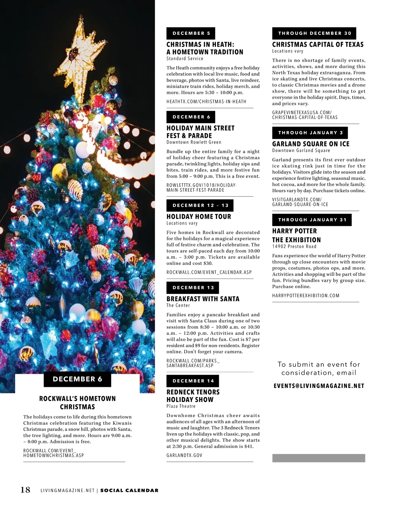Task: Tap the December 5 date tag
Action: tap(191, 33)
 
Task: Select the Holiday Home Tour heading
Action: tap(199, 216)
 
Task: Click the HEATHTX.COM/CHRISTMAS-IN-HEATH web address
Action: tap(206, 102)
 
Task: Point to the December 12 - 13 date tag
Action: tap(200, 205)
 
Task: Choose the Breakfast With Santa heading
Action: tap(203, 299)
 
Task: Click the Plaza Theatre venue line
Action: tap(181, 406)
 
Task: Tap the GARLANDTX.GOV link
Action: tap(184, 455)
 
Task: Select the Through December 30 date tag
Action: tap(314, 33)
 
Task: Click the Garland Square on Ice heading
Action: tap(311, 144)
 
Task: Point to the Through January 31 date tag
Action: tap(312, 220)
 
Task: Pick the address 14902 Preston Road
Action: tap(294, 246)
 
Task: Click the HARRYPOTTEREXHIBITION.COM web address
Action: tap(306, 295)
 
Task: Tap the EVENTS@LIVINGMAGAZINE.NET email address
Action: tap(319, 386)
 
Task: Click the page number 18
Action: tap(25, 490)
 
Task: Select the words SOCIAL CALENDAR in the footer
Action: tap(129, 491)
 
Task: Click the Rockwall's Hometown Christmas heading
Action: tap(78, 403)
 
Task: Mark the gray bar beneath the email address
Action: tap(319, 458)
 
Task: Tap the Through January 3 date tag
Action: tap(310, 133)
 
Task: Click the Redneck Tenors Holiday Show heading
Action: tap(193, 396)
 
